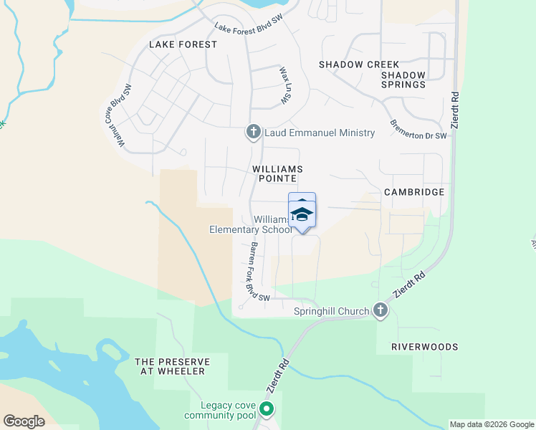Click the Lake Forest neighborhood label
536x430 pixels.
point(183,44)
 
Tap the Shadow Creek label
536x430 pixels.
point(358,64)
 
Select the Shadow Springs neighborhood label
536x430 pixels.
point(403,80)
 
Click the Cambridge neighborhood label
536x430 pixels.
point(414,192)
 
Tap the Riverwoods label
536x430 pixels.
point(424,347)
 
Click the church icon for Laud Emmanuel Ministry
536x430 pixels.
point(252,133)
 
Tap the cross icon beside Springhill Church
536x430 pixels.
point(381,311)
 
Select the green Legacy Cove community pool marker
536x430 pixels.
point(267,410)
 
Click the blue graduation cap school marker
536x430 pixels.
point(302,213)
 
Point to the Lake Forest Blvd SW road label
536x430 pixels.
point(249,27)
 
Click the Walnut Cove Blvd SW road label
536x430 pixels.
point(118,116)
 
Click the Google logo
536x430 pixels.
point(24,421)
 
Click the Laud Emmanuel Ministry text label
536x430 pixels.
point(320,133)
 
